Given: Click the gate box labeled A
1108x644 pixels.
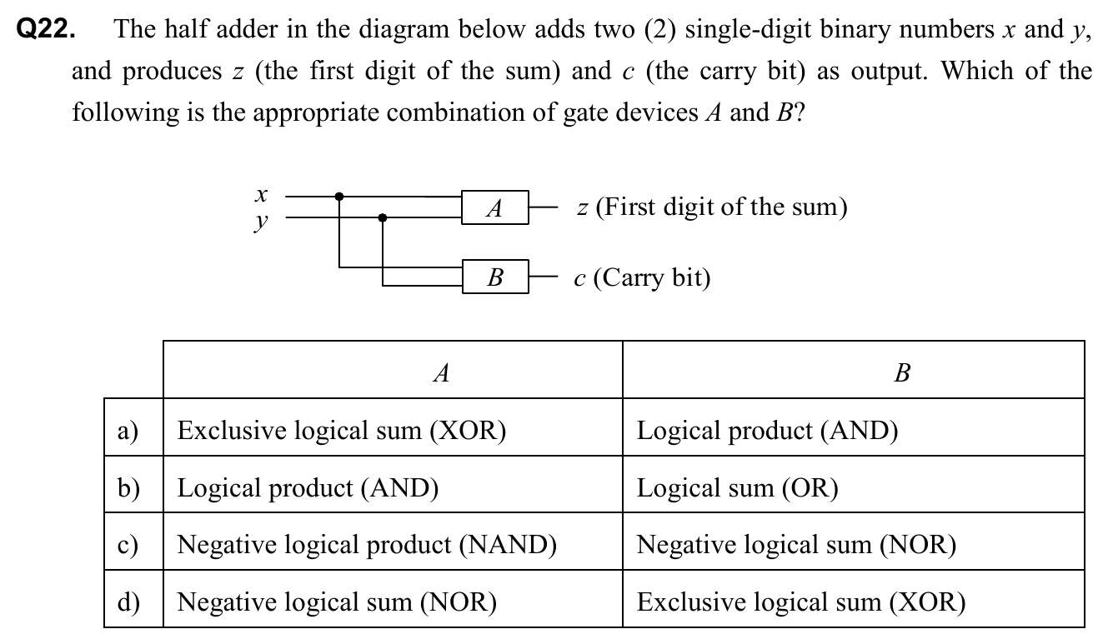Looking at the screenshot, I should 495,207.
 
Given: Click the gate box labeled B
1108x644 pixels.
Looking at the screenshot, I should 495,277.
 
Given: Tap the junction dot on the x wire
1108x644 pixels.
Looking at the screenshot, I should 338,197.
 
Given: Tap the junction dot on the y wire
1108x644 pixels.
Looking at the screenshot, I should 383,218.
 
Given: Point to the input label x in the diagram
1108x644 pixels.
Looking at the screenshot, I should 262,195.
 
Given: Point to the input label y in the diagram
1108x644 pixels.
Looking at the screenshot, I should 262,222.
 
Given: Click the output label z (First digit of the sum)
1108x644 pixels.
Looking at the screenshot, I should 711,207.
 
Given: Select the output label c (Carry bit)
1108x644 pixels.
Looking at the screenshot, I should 642,277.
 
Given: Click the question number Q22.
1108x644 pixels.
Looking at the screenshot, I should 48,30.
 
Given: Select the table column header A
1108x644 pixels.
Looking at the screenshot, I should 442,372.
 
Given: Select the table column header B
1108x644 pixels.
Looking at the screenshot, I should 901,372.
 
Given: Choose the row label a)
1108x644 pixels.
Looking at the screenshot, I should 128,431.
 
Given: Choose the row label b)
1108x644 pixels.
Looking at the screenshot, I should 128,487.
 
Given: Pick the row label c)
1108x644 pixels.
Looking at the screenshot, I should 128,545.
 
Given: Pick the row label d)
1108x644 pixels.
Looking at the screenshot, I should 128,602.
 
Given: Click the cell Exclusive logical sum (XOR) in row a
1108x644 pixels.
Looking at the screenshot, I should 343,431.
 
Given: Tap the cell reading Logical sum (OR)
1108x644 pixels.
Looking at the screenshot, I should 738,487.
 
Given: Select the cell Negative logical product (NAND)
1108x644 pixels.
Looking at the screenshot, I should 368,545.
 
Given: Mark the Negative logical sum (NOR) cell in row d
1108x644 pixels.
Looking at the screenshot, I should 338,602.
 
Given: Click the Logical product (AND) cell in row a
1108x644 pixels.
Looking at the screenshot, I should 768,431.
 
